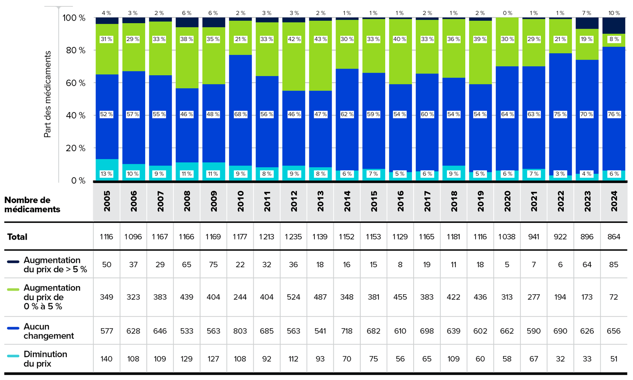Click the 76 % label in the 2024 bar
614,114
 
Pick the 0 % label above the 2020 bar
507,13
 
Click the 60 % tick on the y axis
76,83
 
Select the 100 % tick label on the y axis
74,18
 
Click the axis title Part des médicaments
47,94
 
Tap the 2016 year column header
400,201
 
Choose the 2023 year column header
587,201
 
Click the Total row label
17,237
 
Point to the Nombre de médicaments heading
32,205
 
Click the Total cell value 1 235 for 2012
293,237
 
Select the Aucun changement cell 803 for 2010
240,331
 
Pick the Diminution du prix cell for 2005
106,359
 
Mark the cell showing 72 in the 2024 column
614,297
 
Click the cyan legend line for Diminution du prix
13,356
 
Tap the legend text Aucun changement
49,331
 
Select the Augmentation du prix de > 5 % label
55,265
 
